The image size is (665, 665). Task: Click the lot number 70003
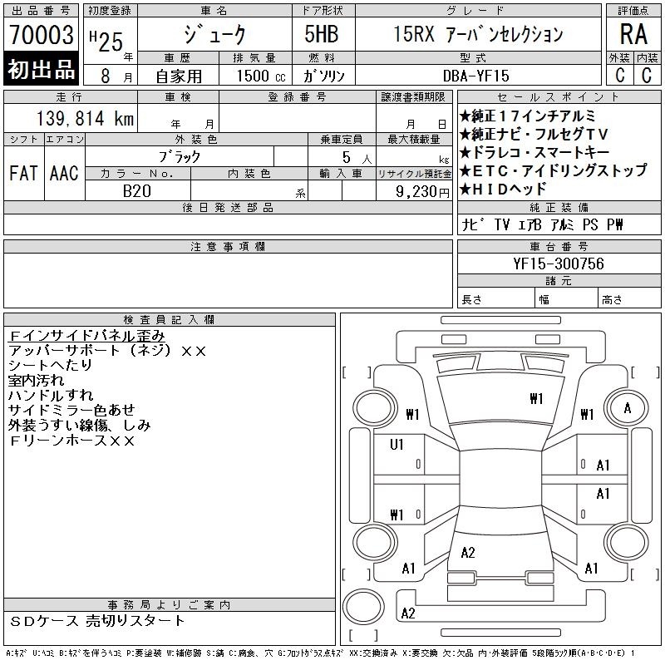point(42,35)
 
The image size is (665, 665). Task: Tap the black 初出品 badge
point(41,69)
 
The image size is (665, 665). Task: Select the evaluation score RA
point(633,34)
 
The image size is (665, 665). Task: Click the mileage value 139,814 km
point(85,118)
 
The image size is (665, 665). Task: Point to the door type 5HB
point(322,34)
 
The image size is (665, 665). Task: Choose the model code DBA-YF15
point(475,76)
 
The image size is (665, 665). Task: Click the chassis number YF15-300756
point(558,264)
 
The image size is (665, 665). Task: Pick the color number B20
point(137,191)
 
